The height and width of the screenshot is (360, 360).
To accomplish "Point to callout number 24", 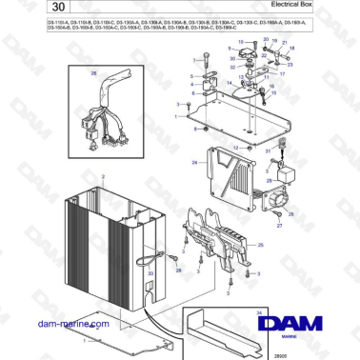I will (x=193, y=163).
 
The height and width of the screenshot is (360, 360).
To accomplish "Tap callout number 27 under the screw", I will (x=279, y=227).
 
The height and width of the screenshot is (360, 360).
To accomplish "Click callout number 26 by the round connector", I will (x=290, y=214).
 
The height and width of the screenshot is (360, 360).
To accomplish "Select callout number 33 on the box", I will (x=149, y=275).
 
